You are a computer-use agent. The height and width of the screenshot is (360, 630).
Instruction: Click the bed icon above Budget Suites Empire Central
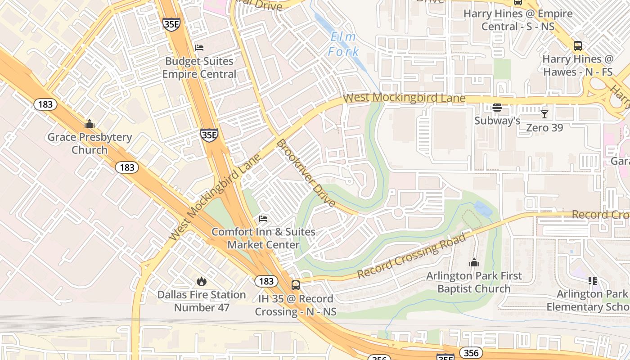coord(199,47)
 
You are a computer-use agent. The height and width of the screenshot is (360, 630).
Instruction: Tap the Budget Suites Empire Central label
coord(199,67)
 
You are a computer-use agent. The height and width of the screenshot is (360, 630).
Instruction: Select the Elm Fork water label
coord(343,45)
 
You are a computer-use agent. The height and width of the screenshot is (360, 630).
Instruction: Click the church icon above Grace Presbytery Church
coord(90,124)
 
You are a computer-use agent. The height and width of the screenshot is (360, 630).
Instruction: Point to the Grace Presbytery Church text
coord(90,144)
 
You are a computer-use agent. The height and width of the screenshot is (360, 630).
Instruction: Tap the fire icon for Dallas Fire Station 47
coord(201,281)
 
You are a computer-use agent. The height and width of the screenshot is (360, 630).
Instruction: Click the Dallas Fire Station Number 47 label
coord(201,301)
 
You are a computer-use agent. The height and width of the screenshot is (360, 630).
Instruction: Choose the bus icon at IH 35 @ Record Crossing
coord(296,285)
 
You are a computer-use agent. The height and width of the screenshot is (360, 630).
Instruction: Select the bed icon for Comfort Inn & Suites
coord(263,219)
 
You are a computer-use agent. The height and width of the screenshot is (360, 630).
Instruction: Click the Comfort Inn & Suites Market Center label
coord(263,238)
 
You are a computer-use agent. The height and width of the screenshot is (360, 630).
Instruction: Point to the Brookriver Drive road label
coord(306,173)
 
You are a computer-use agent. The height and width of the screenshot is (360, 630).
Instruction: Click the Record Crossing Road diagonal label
coord(411,256)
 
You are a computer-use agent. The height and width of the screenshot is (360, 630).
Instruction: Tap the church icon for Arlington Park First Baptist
coord(474,262)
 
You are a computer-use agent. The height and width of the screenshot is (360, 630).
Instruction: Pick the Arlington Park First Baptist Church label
coord(474,282)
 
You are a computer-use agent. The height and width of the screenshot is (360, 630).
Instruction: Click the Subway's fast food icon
coord(497,108)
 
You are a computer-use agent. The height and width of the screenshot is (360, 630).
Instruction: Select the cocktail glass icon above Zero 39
coord(544,114)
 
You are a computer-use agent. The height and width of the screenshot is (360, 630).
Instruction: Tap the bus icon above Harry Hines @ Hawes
coord(577,45)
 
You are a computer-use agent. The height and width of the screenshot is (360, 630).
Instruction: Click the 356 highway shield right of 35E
coord(471,352)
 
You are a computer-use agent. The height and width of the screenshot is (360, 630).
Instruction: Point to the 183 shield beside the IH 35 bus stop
coord(266,281)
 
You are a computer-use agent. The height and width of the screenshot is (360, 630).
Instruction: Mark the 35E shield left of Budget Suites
coord(171,24)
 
